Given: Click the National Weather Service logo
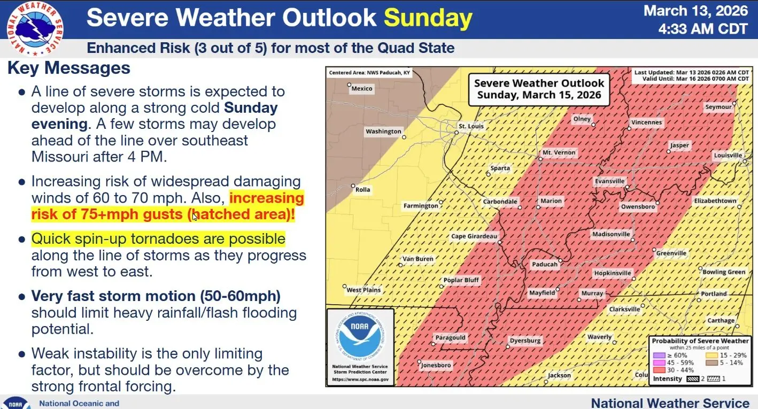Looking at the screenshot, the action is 35,28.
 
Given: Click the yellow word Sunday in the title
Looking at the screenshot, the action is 428,18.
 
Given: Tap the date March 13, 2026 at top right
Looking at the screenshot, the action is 695,11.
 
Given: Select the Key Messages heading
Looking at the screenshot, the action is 69,68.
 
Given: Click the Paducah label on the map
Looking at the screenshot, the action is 545,265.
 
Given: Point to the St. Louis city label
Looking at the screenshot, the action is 471,126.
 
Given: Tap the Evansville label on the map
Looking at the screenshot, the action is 609,181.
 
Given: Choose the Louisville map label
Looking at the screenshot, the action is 728,156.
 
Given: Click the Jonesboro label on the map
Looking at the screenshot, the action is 436,365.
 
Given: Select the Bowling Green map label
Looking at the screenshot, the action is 724,272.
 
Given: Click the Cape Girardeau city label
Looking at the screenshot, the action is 474,236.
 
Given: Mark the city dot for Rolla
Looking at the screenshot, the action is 353,186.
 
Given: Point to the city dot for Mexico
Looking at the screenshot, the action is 349,84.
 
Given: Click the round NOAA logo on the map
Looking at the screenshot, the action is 360,336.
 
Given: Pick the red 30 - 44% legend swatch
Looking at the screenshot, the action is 659,370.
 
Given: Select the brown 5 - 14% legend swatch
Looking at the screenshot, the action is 712,362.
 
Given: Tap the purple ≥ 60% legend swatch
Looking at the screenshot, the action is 659,356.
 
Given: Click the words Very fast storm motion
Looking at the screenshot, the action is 113,296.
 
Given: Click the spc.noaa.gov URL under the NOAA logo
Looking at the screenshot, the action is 360,380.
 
